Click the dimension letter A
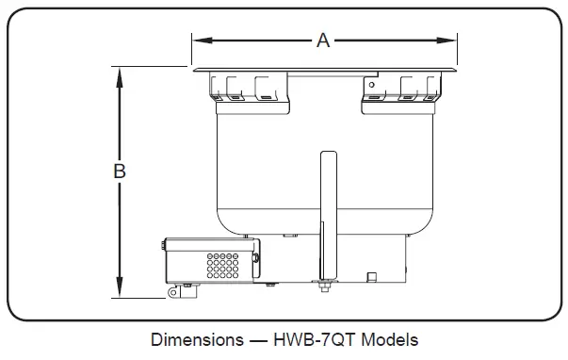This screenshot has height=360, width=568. pyautogui.click(x=323, y=40)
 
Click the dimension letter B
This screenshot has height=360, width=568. pyautogui.click(x=120, y=172)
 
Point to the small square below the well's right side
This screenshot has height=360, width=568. pyautogui.click(x=371, y=275)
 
